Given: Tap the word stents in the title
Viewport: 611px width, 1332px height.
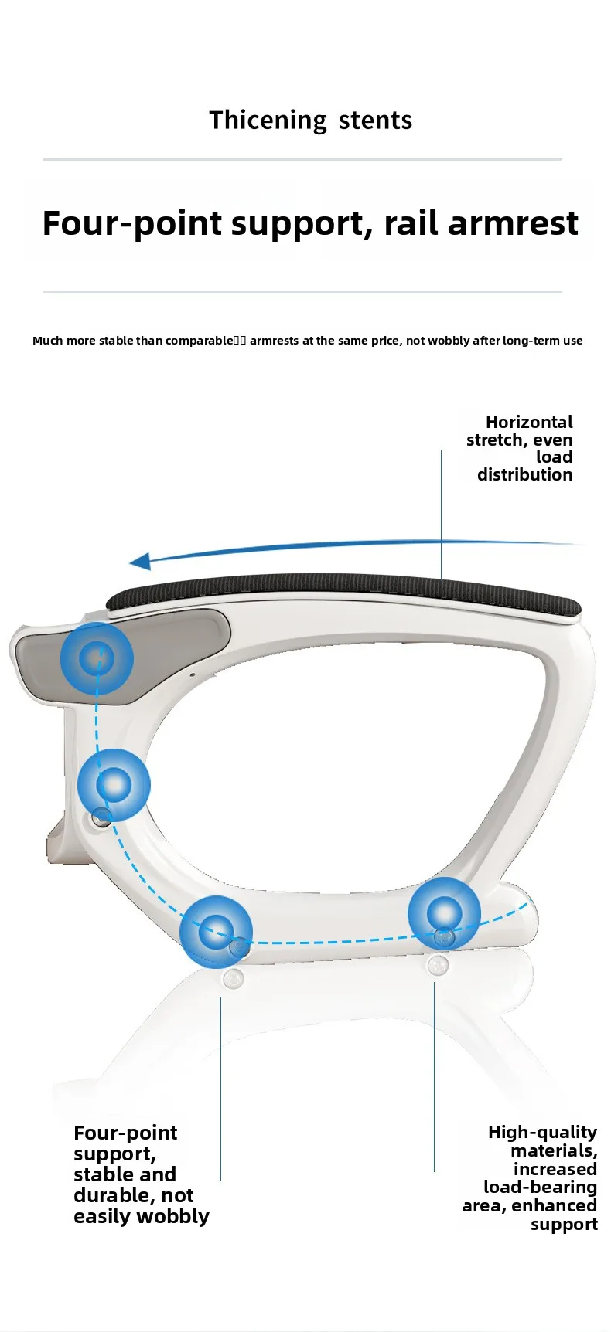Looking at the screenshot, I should [x=375, y=121].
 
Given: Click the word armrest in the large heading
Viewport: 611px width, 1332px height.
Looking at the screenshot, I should [x=512, y=223].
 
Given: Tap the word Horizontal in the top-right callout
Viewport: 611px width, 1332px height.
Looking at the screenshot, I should [x=529, y=422].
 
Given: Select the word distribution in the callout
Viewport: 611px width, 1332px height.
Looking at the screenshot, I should [x=524, y=474].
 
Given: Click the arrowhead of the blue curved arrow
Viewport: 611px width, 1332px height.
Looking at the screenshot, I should [x=140, y=562].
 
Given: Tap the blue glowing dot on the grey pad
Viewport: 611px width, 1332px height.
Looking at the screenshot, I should [x=97, y=658].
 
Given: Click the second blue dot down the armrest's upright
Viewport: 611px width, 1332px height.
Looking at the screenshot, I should [x=114, y=784].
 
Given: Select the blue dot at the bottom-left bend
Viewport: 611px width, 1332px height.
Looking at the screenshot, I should [x=216, y=931].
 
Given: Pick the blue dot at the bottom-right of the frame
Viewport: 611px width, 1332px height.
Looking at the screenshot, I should [x=444, y=913].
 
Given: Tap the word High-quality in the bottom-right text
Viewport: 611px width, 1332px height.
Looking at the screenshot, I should [x=542, y=1133].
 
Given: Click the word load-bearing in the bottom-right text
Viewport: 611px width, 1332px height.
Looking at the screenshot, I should [x=540, y=1187].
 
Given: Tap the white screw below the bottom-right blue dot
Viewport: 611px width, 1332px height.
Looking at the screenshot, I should [x=438, y=966].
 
